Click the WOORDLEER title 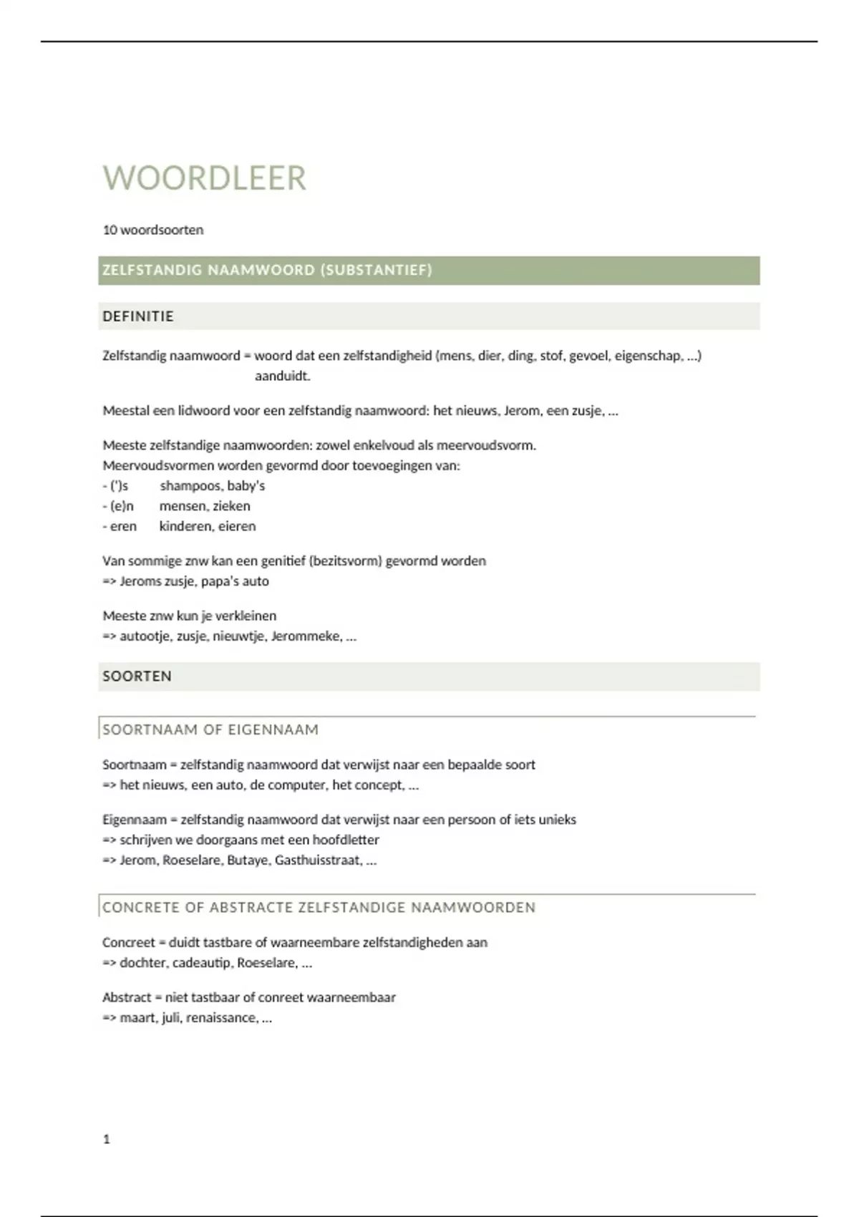[204, 178]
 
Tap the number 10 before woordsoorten [110, 230]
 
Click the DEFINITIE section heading [138, 316]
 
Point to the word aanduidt [283, 376]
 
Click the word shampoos [190, 486]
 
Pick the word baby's [246, 486]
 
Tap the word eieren [237, 526]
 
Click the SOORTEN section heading [137, 677]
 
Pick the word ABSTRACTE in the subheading [251, 907]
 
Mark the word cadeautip [199, 963]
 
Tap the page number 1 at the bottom [107, 1139]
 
